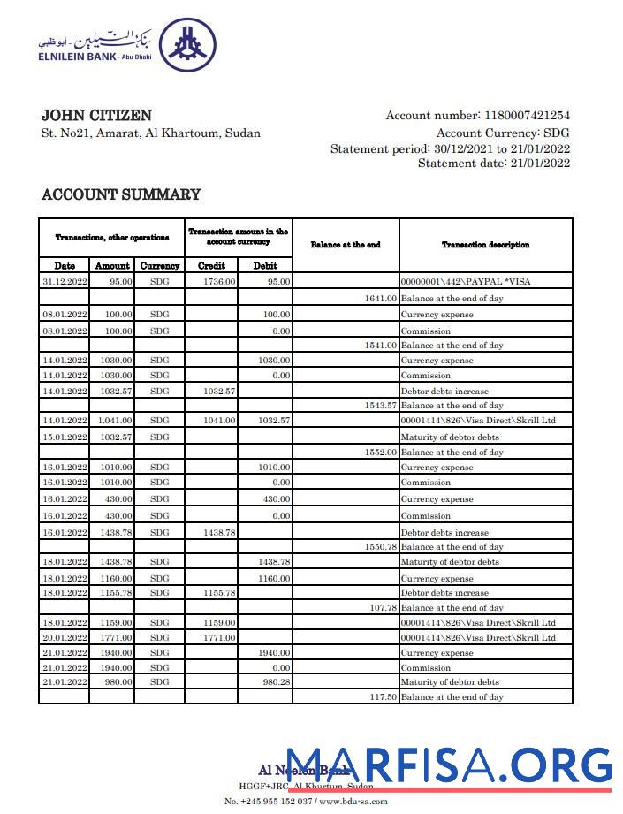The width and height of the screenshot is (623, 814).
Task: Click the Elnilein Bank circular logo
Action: (x=187, y=45)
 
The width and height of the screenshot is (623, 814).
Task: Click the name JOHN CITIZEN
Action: (x=96, y=116)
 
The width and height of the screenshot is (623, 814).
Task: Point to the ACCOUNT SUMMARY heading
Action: (x=121, y=194)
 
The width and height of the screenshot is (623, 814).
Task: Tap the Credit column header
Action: (x=211, y=265)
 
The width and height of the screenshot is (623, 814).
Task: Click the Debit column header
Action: (x=265, y=265)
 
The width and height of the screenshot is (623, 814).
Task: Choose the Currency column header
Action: (x=159, y=265)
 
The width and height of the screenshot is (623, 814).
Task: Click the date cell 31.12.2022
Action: (x=65, y=282)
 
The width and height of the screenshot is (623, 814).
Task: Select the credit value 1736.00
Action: (x=219, y=282)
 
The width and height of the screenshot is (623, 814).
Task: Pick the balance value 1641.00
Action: (x=381, y=299)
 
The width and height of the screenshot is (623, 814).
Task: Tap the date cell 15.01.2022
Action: (x=65, y=437)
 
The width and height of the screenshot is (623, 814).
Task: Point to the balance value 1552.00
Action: (x=381, y=452)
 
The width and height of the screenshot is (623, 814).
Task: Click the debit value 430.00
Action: (x=275, y=499)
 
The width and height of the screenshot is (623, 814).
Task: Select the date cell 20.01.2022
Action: (x=65, y=637)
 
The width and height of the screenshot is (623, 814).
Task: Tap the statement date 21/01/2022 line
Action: (x=494, y=163)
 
